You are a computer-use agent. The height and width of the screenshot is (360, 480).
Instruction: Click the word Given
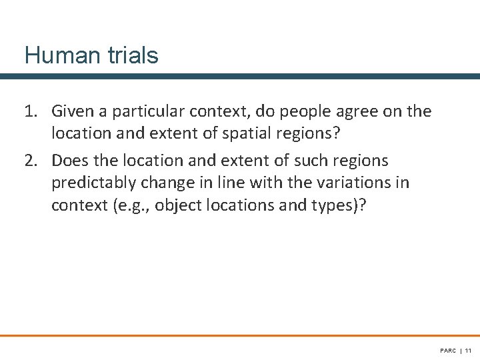72,111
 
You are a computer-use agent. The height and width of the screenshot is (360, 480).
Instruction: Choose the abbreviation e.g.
132,205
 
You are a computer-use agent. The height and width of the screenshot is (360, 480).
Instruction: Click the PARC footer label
447,350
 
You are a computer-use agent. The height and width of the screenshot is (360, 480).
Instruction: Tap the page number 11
468,350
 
